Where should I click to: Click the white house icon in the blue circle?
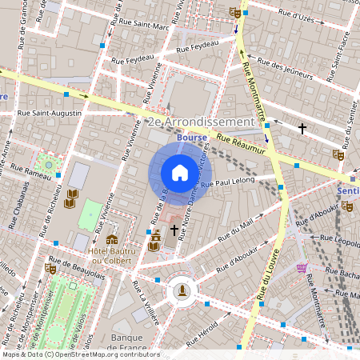click(x=179, y=173)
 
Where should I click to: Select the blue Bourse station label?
click(x=192, y=138)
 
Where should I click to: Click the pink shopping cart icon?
click(x=302, y=269)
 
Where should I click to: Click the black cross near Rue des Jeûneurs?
click(x=302, y=128)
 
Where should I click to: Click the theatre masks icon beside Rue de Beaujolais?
click(x=111, y=239)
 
